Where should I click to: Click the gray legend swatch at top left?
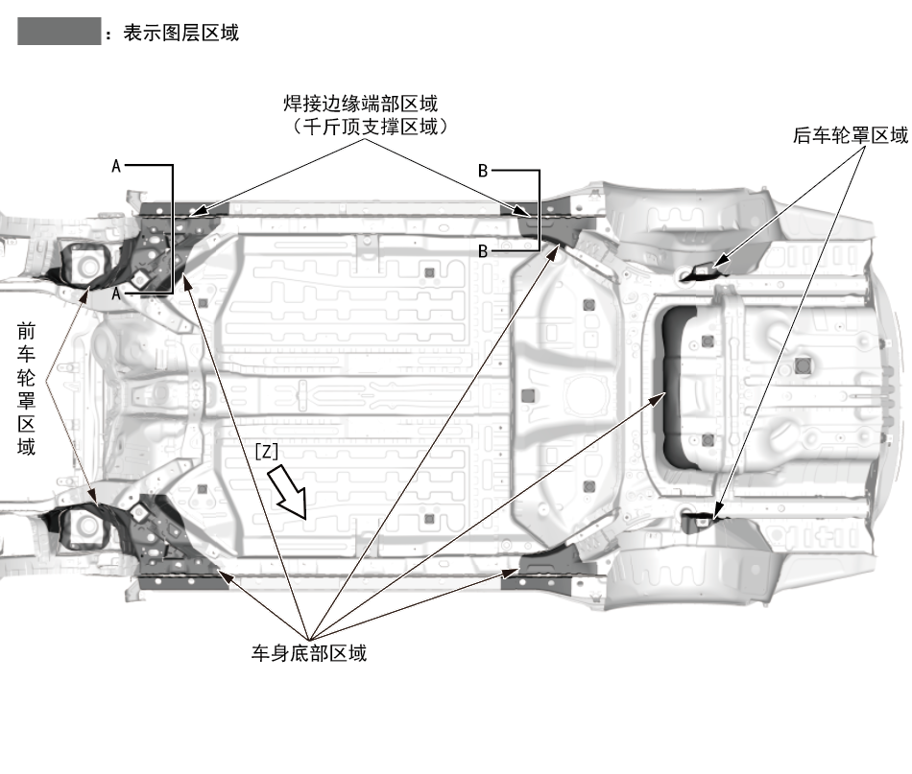click(59, 33)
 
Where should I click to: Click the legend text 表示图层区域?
click(180, 33)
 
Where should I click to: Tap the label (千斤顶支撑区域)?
click(367, 126)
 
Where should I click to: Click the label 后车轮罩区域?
click(850, 135)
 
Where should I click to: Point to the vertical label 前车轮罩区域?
click(27, 387)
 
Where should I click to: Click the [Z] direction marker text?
click(267, 449)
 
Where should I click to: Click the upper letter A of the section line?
click(116, 166)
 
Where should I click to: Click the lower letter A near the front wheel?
click(116, 293)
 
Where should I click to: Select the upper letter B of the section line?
click(483, 171)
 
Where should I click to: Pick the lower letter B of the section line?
click(483, 250)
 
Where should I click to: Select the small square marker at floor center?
click(524, 394)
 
